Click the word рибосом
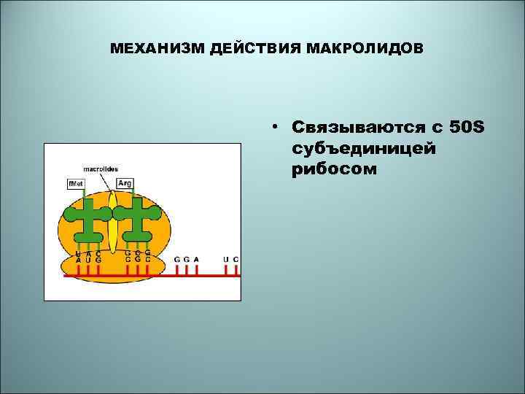[x=334, y=169]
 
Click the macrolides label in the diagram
[x=101, y=169]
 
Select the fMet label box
[x=76, y=183]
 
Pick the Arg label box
[x=124, y=183]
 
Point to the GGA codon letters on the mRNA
[x=187, y=259]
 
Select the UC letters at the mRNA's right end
[x=231, y=259]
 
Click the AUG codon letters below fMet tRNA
[x=87, y=260]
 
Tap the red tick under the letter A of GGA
[x=197, y=271]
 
